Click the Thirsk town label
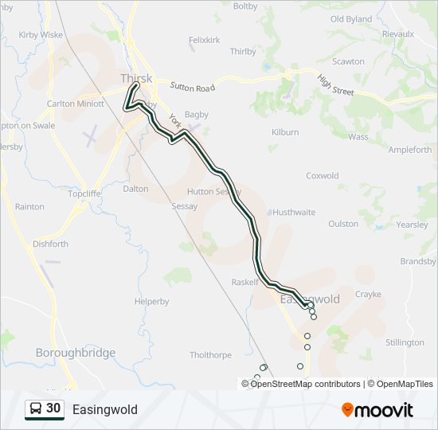[x=135, y=78]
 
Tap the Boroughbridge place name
[x=76, y=353]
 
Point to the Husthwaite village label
[x=294, y=213]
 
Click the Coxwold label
[x=323, y=176]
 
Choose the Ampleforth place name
[x=409, y=150]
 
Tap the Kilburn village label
[x=284, y=132]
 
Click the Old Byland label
[x=350, y=19]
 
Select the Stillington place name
[x=405, y=342]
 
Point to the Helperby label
[x=151, y=302]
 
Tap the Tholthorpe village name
[x=211, y=355]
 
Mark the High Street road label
[x=335, y=86]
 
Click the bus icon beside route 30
[x=36, y=409]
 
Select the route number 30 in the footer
[x=53, y=408]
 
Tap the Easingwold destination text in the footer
[x=104, y=409]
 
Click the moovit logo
[x=377, y=409]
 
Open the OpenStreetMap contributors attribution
[x=305, y=384]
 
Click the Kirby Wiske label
[x=41, y=35]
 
